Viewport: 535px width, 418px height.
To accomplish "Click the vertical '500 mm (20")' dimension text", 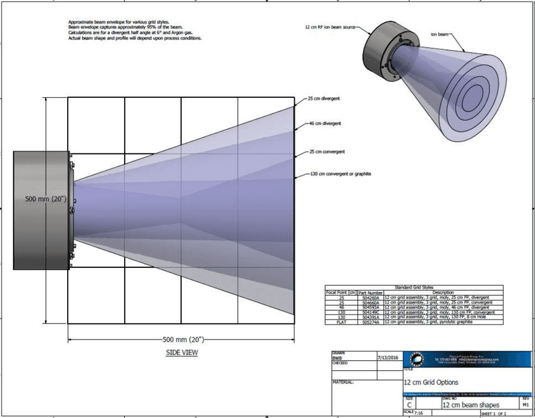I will [x=46, y=199].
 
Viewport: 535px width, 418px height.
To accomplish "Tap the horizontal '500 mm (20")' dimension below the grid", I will [x=182, y=337].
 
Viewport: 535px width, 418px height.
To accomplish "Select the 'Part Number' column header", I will [x=370, y=292].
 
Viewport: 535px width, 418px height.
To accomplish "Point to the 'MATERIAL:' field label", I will [x=348, y=382].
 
